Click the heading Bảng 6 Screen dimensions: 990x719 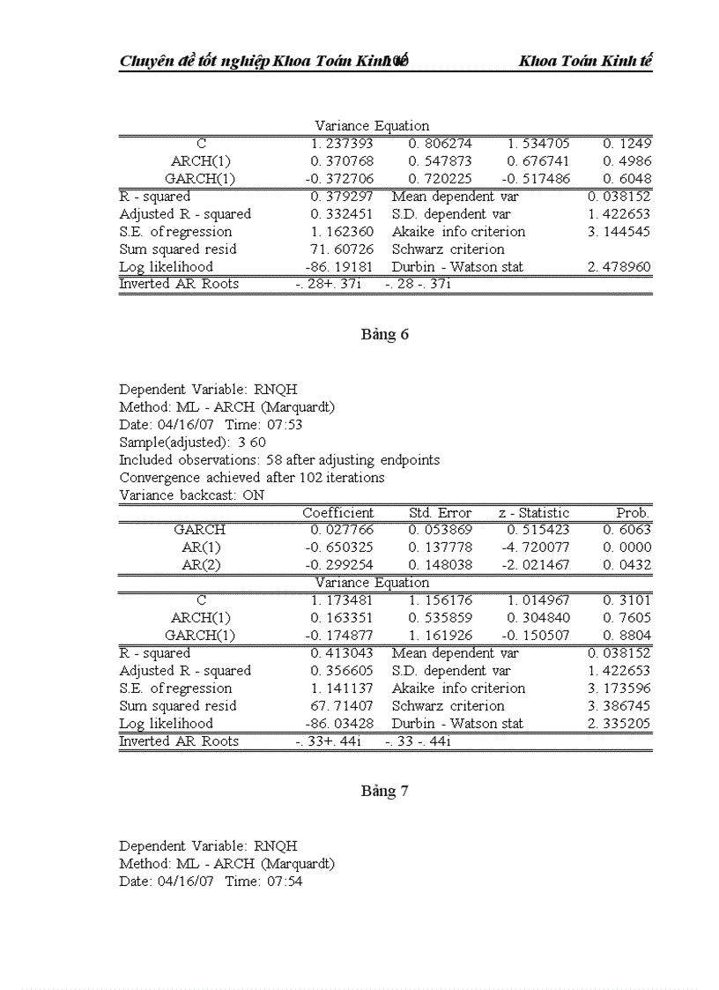coord(384,334)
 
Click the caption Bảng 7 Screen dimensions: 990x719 coord(384,791)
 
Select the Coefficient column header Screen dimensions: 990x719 coord(338,513)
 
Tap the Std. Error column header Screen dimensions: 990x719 coord(440,513)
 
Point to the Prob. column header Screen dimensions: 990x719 coord(633,513)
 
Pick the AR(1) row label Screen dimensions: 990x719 coord(201,547)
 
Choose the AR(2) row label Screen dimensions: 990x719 coord(201,565)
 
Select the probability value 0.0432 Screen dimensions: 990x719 coord(626,565)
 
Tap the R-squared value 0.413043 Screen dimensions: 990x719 coord(342,653)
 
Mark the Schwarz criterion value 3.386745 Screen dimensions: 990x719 coord(619,706)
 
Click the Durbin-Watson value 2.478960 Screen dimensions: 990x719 coord(619,266)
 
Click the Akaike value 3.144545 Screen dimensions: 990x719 coord(619,232)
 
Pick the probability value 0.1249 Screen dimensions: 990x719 coord(626,144)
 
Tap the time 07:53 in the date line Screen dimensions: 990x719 coord(285,424)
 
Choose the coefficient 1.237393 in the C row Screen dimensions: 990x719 coord(342,144)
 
